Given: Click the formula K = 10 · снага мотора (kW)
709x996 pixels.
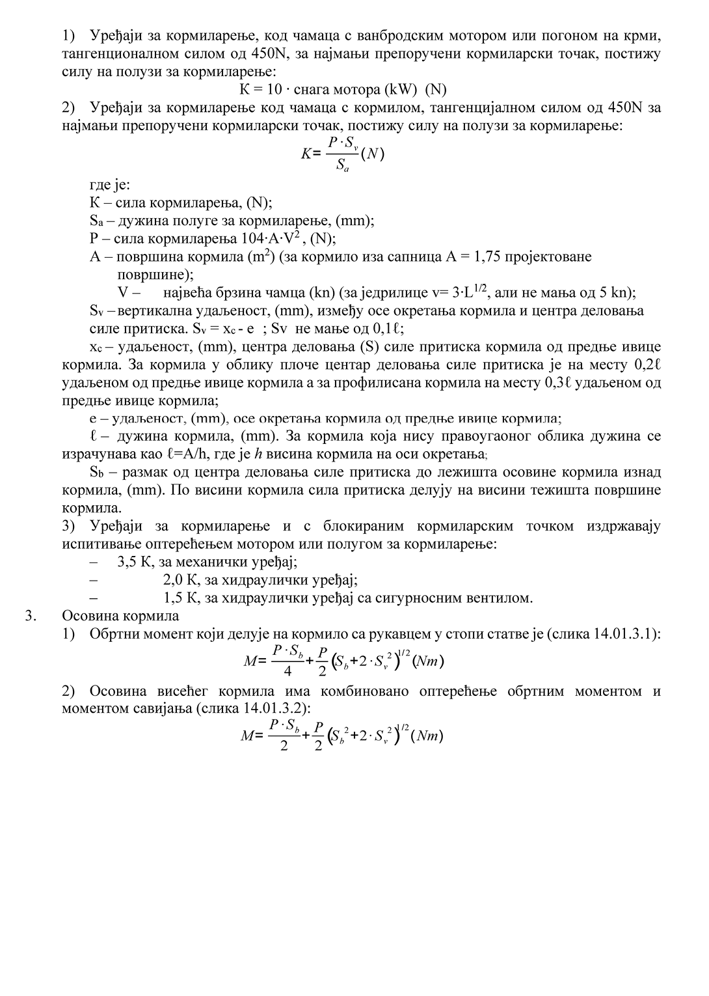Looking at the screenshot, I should coord(342,89).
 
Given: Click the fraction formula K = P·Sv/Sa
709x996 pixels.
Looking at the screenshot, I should coord(342,154).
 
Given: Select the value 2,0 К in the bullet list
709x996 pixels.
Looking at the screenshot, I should coord(180,580).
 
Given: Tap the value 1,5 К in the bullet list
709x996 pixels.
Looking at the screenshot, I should coord(180,598).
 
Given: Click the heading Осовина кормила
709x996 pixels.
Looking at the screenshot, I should coord(120,616).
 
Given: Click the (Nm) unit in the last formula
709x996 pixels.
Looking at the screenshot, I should coord(429,736).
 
